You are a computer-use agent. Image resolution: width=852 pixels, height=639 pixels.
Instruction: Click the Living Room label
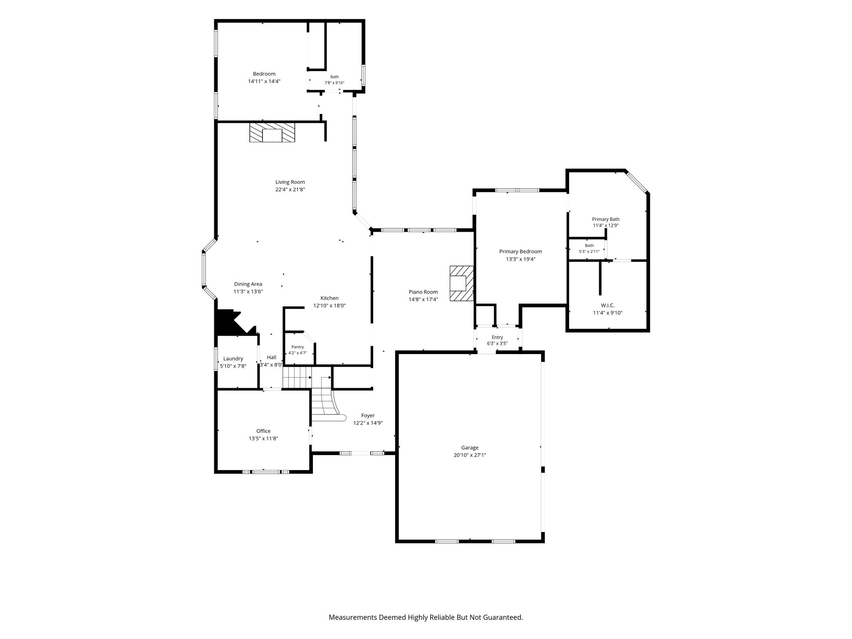coord(290,182)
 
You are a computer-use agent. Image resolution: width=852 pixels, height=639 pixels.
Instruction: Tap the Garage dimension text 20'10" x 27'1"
coord(470,455)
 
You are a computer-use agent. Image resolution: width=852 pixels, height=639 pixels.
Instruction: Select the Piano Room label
coord(423,292)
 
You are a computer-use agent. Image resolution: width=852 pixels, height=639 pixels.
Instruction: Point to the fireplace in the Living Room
coord(272,132)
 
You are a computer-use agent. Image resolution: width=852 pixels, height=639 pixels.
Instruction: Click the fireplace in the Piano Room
coord(461,283)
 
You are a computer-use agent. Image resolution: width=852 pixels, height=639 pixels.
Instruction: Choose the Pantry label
coord(297,347)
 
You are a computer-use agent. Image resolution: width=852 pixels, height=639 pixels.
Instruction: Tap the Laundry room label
coord(233,359)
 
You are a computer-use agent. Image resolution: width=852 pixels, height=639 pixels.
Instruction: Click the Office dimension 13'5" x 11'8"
coord(263,438)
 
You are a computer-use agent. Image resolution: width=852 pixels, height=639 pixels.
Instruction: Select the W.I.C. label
coord(608,305)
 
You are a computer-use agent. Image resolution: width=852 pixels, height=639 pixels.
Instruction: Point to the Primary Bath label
coord(606,219)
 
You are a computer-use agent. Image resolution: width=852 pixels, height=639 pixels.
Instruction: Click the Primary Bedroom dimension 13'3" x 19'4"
coord(520,259)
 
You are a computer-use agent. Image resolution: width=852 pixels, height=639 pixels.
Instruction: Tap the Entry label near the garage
coord(497,337)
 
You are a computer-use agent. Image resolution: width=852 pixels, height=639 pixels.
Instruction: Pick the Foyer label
coord(368,416)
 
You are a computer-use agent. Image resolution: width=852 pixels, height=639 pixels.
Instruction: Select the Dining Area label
coord(248,284)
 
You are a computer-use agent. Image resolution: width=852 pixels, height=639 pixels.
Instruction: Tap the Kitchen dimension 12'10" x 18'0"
coord(329,305)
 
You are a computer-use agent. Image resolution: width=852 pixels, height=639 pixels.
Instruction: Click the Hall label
coord(271,357)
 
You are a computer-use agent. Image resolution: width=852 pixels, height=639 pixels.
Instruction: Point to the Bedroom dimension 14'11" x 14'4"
coord(264,82)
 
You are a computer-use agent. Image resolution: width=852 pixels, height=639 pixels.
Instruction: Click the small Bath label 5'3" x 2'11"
coord(589,251)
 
